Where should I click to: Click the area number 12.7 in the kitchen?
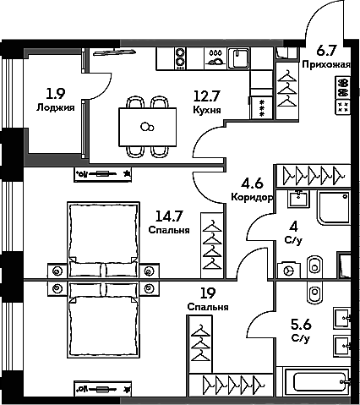click(x=208, y=96)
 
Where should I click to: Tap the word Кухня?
click(x=208, y=110)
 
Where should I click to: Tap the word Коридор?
click(x=251, y=198)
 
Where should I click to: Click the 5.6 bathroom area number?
click(x=301, y=323)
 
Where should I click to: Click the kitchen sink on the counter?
click(x=238, y=58)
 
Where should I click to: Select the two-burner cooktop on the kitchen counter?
click(x=180, y=57)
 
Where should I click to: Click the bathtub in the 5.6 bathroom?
click(x=317, y=383)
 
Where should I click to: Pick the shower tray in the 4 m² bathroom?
click(x=336, y=207)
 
